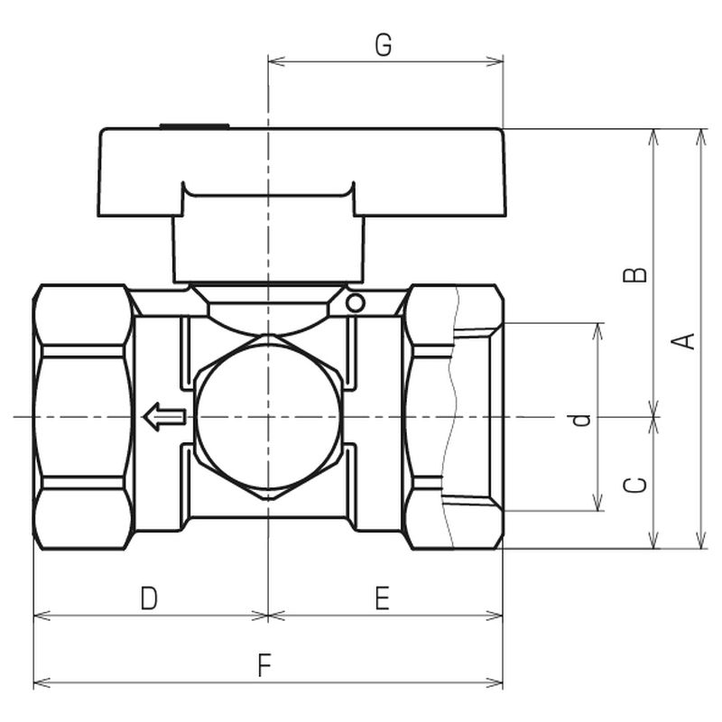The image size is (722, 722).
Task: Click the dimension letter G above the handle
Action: [383, 45]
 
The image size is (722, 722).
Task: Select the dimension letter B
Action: [634, 275]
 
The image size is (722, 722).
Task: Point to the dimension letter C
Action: [634, 486]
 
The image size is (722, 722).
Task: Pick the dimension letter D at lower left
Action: [149, 597]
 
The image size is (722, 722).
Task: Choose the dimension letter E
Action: [382, 597]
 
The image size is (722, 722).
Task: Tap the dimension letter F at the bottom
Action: [264, 665]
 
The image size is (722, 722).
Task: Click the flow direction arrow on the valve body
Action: [165, 417]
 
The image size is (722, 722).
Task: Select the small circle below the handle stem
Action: [356, 303]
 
